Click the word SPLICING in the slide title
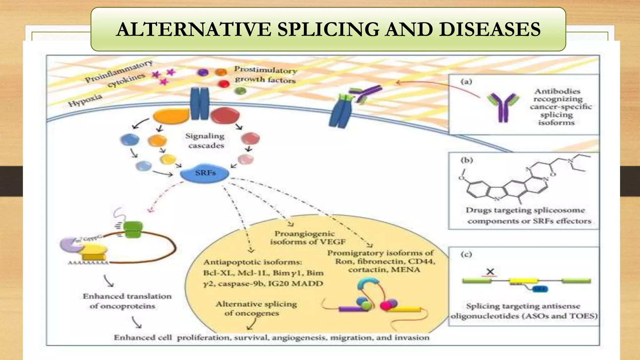click(x=328, y=29)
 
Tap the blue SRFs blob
click(x=205, y=173)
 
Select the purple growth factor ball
click(x=203, y=72)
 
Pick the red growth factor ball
click(x=224, y=83)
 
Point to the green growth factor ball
click(x=240, y=91)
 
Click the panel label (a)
click(x=466, y=82)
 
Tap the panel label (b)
click(x=467, y=160)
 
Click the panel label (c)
click(x=466, y=254)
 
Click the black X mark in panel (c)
click(x=490, y=272)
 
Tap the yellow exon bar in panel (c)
click(x=524, y=281)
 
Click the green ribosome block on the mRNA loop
click(x=133, y=230)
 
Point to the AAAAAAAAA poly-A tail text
click(x=88, y=263)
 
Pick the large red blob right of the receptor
click(x=225, y=115)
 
